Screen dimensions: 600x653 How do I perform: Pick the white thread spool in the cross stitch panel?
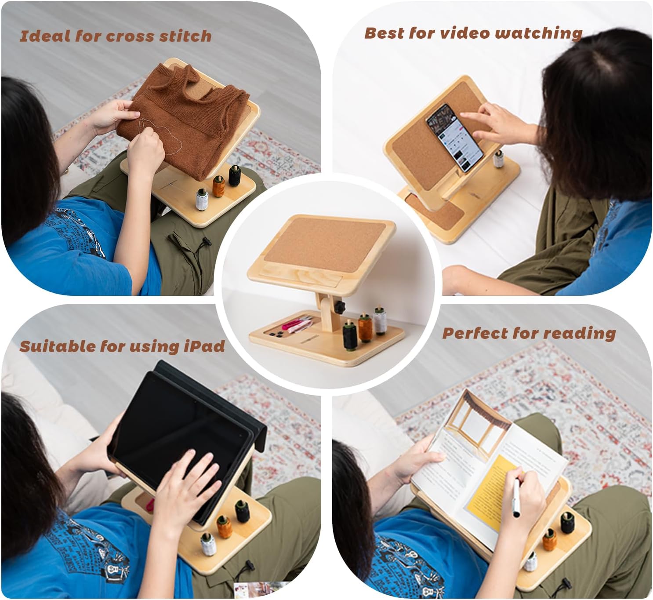click(201, 200)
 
